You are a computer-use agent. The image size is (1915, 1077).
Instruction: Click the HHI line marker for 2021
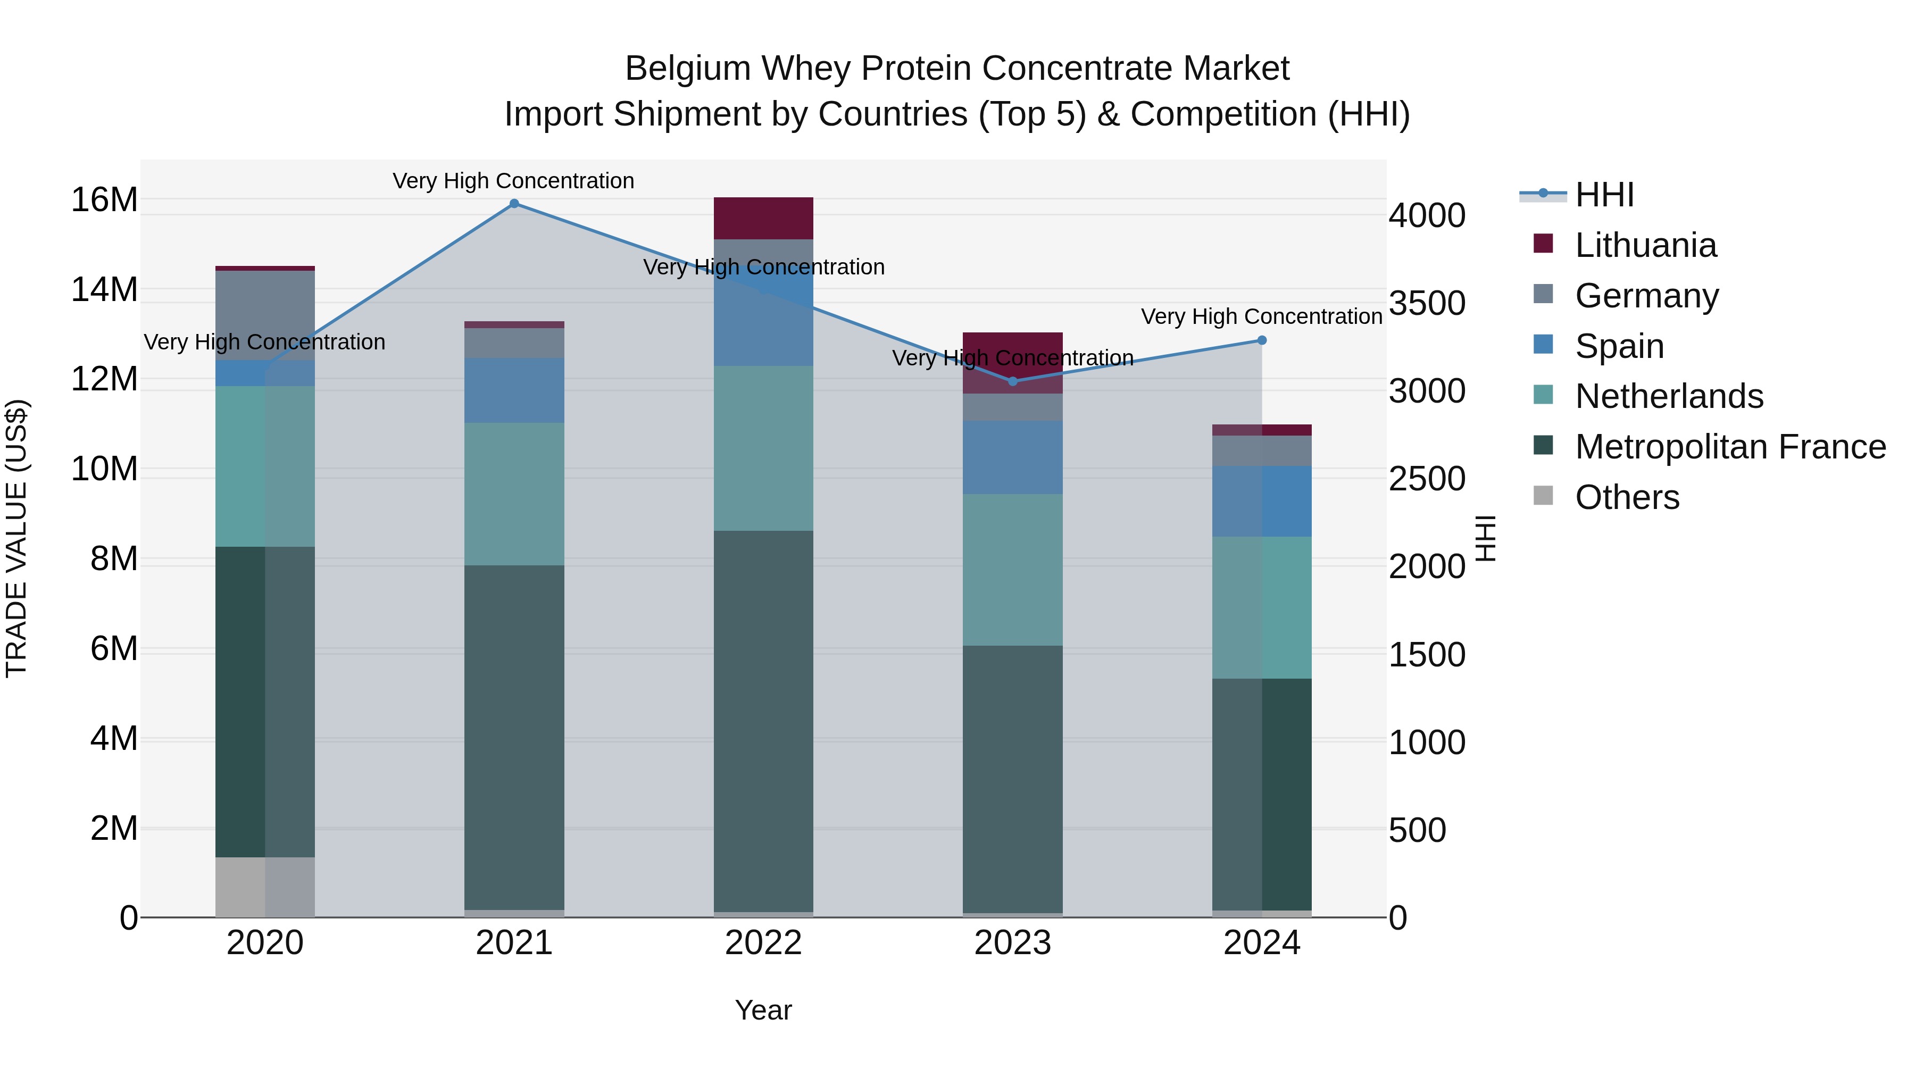coord(514,204)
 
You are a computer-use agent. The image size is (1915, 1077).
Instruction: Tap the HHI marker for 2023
coord(1012,381)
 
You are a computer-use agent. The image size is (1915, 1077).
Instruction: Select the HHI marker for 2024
coord(1262,340)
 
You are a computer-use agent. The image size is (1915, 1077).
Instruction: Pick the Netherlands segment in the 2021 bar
coord(514,494)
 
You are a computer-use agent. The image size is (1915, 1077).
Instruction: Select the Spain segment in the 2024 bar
coord(1262,501)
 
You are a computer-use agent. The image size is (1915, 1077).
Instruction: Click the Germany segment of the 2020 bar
coord(265,315)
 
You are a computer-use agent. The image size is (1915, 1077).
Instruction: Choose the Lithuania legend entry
coord(1645,245)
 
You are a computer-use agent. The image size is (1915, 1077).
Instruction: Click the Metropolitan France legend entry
coord(1730,447)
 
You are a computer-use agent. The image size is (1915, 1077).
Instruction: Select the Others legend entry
coord(1627,497)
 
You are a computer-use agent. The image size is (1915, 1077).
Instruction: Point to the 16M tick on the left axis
coord(104,200)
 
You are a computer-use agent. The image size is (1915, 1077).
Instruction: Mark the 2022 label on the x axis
coord(763,943)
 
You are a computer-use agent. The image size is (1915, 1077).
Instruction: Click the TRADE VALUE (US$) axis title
coord(16,538)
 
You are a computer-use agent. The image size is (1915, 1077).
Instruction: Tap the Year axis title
coord(763,1010)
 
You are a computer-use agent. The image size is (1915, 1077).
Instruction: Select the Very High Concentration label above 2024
coord(1262,316)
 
